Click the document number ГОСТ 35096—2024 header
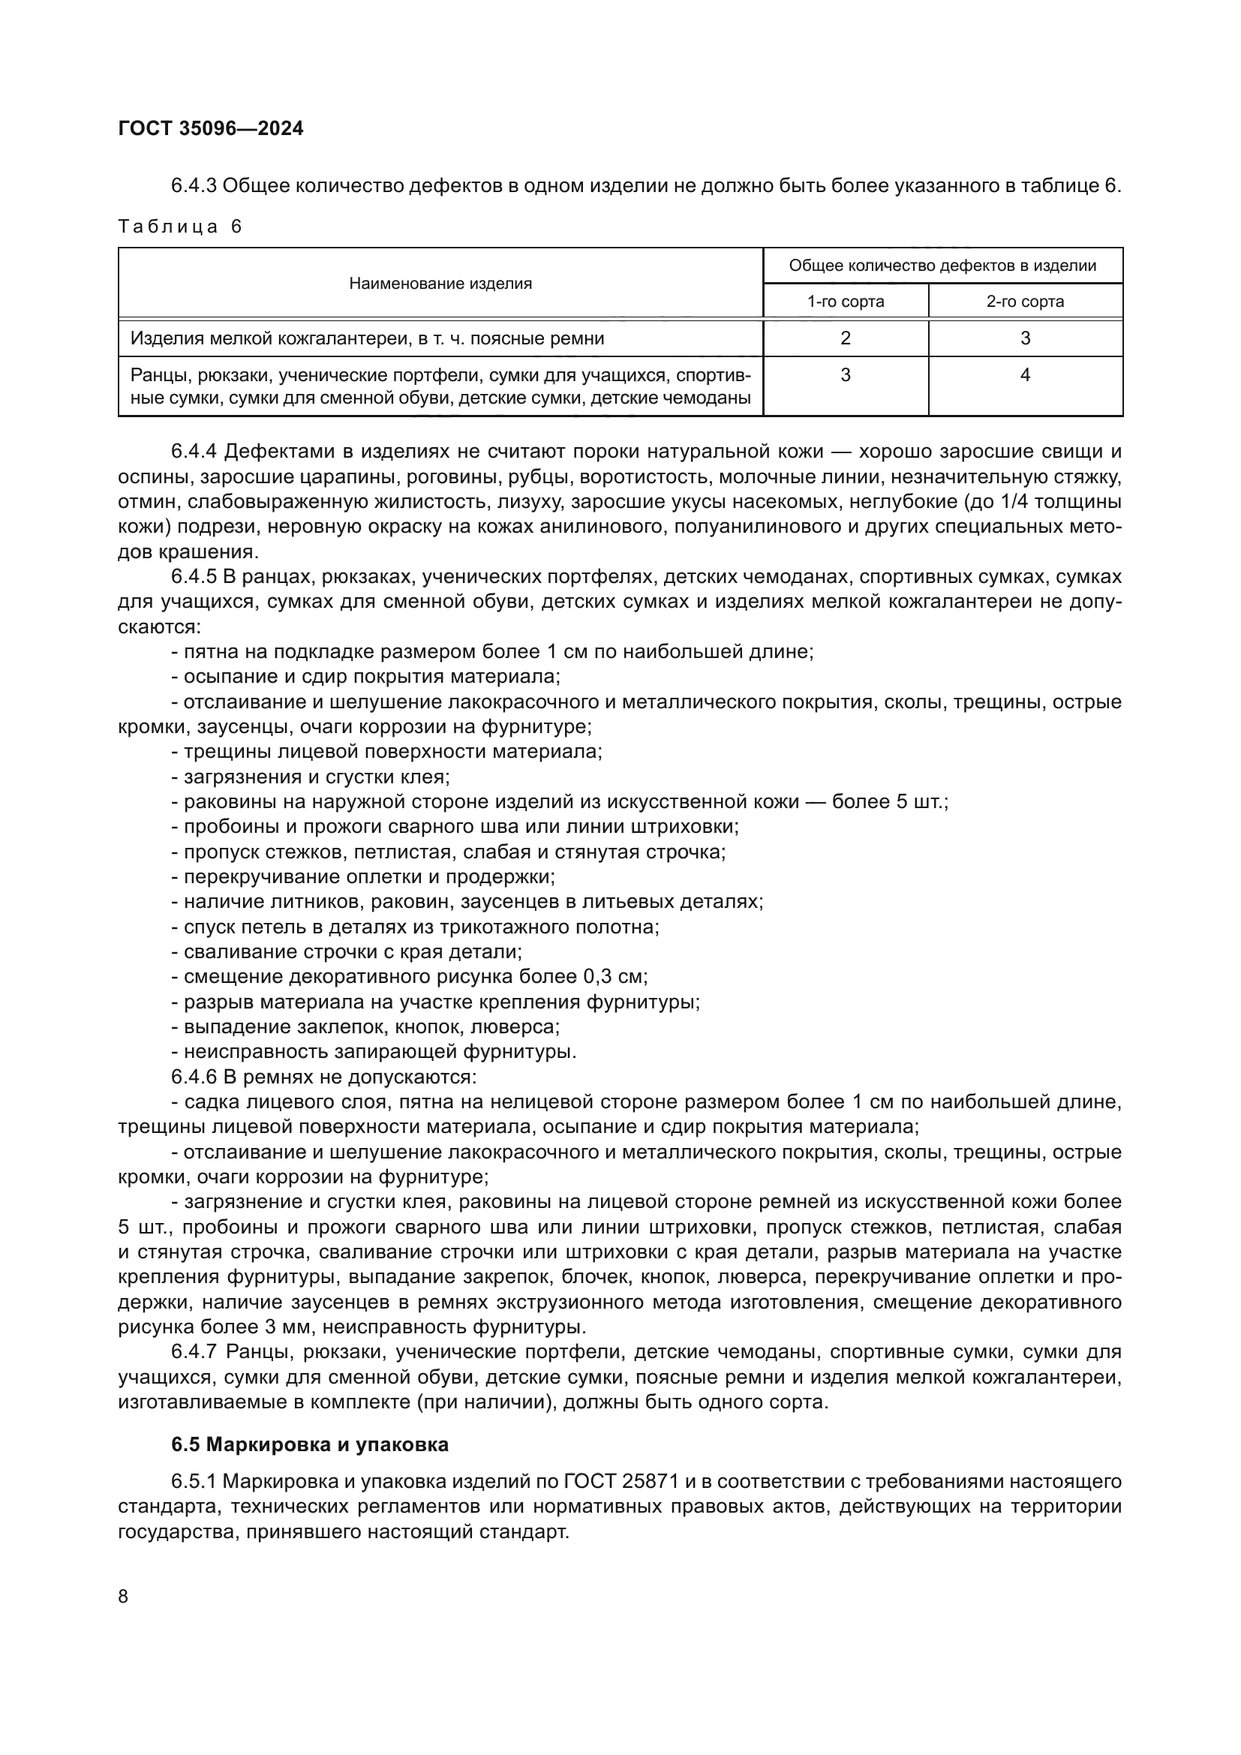[211, 128]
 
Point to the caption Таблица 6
[179, 227]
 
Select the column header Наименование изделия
[440, 284]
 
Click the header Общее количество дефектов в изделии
[942, 266]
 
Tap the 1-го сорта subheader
[845, 301]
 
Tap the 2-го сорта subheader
[1025, 301]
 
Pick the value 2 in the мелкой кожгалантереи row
[845, 338]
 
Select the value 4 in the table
[1025, 374]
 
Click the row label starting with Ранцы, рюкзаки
[440, 386]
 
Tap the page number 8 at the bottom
[124, 1596]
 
